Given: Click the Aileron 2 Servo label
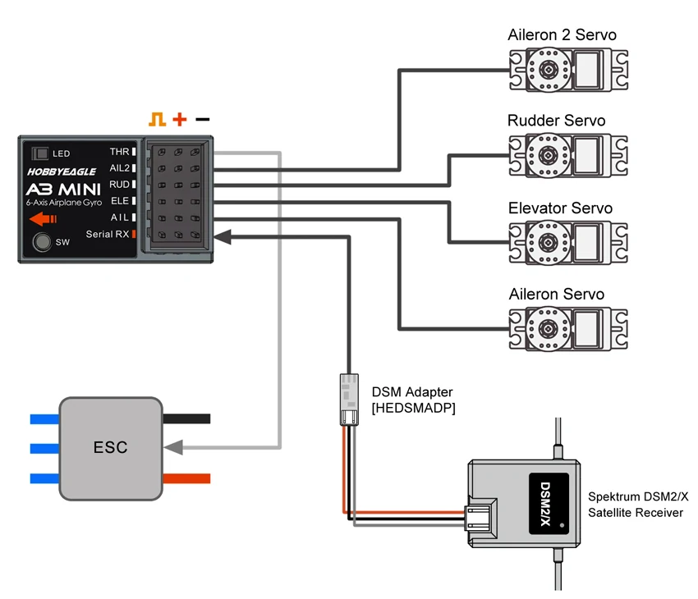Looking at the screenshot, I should [x=563, y=35].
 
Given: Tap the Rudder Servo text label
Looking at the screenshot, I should [x=556, y=121].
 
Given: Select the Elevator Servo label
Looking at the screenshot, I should [x=560, y=208].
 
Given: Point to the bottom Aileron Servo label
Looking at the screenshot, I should [x=556, y=294].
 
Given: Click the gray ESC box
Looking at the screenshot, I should [x=110, y=448].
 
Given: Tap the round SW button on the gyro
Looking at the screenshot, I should [x=39, y=242].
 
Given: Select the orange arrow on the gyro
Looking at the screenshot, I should [x=41, y=218].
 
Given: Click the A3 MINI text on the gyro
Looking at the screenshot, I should [x=62, y=188].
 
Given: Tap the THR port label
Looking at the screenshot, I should [x=119, y=152].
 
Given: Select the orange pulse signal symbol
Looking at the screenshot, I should [x=157, y=120].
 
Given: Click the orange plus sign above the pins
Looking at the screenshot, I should [x=180, y=120].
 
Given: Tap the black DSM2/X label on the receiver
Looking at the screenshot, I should [x=547, y=500].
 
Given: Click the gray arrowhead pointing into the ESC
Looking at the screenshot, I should [x=173, y=448].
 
